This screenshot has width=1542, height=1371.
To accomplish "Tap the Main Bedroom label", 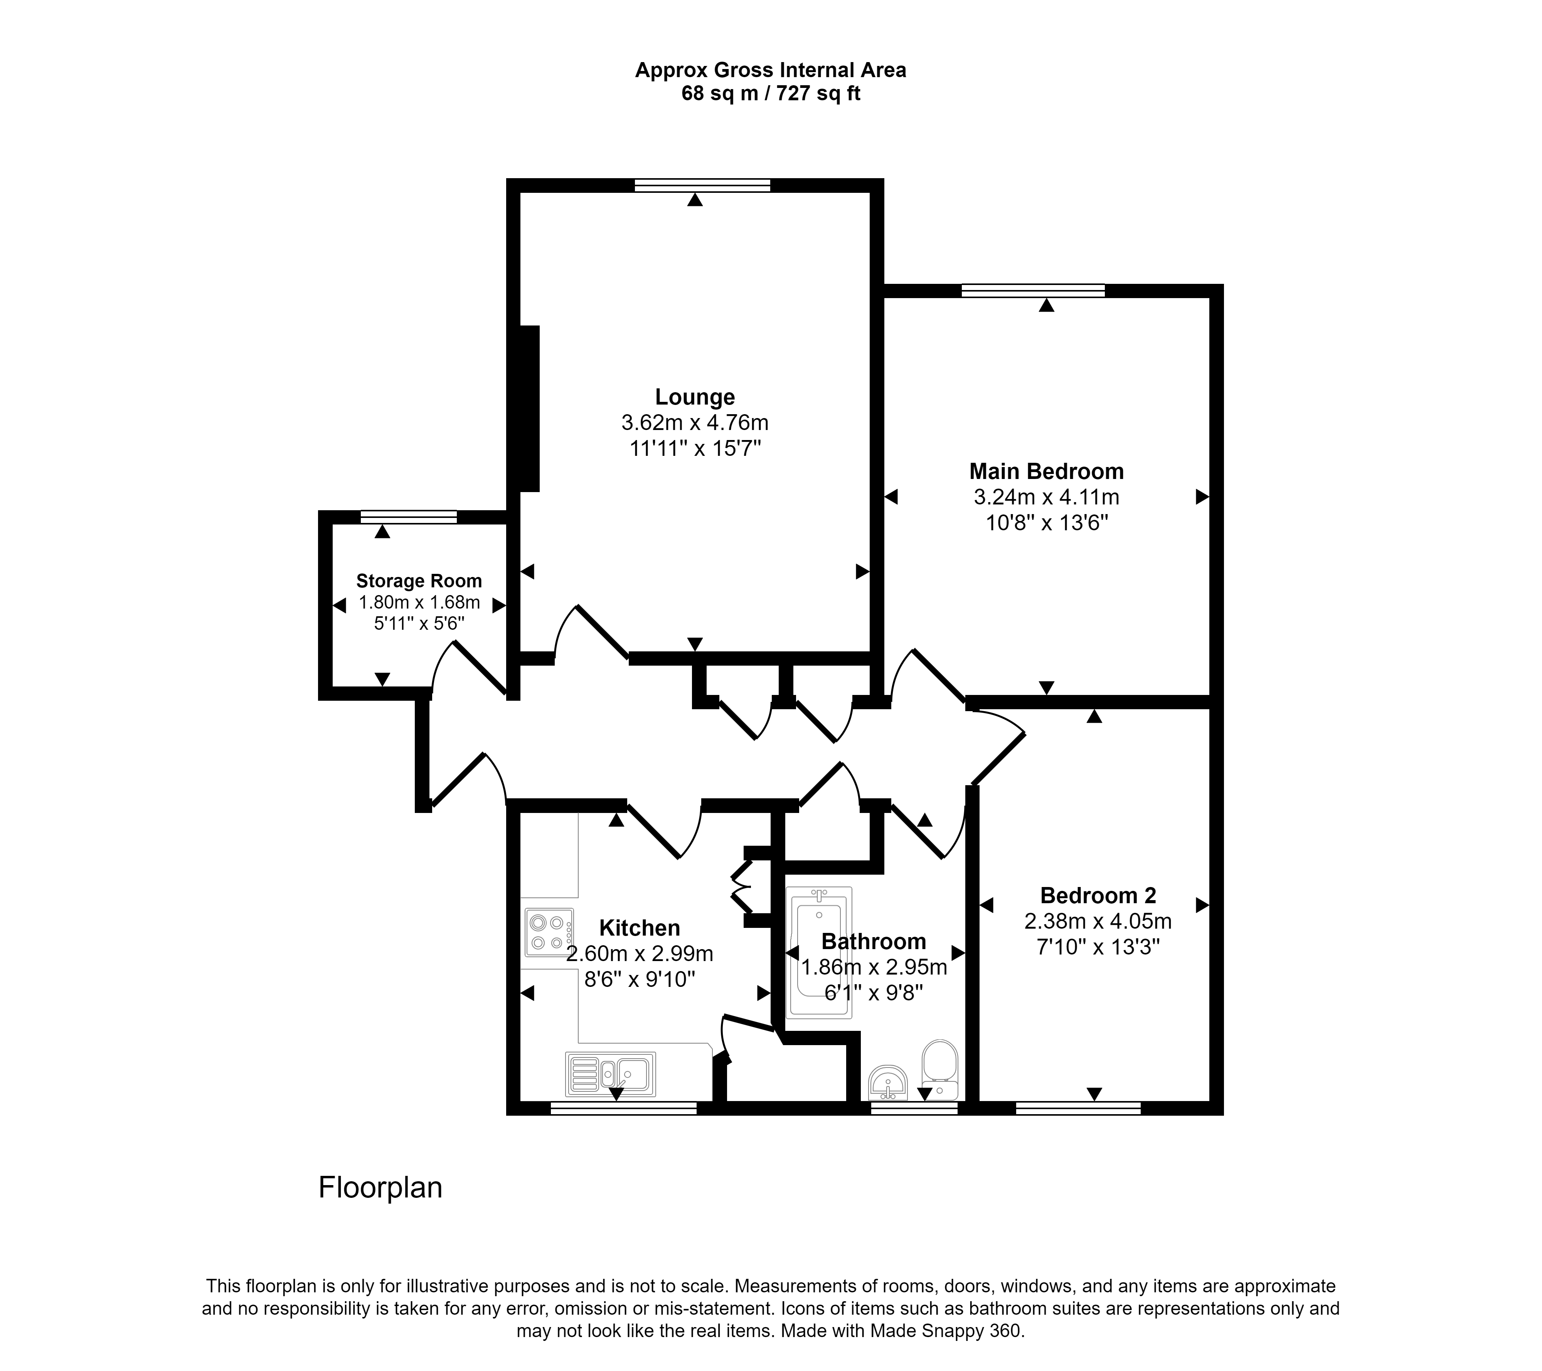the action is (x=1046, y=472).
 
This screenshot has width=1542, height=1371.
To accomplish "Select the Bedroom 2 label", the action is (x=1098, y=895).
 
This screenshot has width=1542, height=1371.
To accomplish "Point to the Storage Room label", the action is (x=419, y=581).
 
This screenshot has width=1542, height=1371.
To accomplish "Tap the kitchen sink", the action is (x=610, y=1074).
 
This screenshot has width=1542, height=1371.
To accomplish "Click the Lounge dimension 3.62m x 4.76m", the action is (x=695, y=423).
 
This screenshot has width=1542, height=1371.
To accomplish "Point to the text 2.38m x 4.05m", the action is (x=1098, y=921).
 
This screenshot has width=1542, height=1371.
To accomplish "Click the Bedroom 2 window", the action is (x=1078, y=1108).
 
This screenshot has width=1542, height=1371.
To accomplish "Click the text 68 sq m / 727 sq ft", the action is (x=770, y=94).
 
